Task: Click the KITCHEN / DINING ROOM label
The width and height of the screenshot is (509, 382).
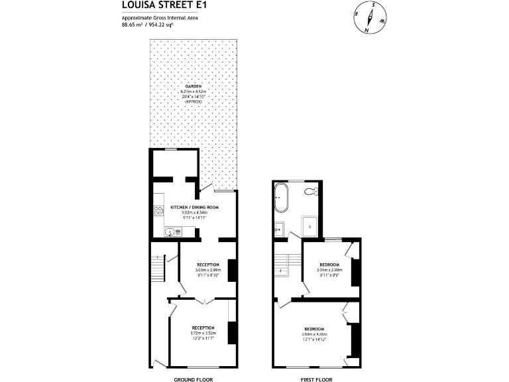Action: tap(194, 207)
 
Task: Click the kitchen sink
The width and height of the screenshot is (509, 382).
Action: tap(171, 232)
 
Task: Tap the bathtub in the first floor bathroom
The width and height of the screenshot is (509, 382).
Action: tap(282, 198)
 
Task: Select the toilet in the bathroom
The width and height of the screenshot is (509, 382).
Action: tap(309, 192)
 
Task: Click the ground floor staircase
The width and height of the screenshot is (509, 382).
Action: tap(158, 269)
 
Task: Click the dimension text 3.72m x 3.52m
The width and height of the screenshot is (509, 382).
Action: tap(203, 334)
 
